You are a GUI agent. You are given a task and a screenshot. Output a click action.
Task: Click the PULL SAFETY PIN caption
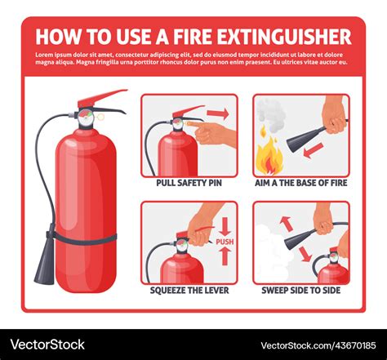click(x=189, y=183)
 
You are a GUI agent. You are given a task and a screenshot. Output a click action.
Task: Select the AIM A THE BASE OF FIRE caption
click(x=301, y=183)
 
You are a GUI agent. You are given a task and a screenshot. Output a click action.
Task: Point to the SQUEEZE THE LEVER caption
click(x=189, y=291)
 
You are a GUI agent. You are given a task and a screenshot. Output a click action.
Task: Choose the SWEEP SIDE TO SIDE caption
click(x=301, y=291)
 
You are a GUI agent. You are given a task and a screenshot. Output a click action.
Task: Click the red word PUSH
click(x=225, y=242)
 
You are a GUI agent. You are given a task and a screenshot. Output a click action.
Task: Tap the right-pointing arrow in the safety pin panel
click(x=218, y=113)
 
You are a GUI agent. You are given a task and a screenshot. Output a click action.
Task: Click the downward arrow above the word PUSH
click(x=225, y=226)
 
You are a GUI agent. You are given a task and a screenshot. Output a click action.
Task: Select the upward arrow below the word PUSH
click(x=225, y=256)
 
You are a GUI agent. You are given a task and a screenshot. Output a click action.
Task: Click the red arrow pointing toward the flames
click(x=314, y=151)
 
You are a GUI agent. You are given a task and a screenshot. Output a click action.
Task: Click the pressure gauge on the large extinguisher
click(x=86, y=118)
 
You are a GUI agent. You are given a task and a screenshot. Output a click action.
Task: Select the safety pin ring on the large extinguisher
click(x=100, y=117)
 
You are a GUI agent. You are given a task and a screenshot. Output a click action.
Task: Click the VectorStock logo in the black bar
click(x=47, y=344)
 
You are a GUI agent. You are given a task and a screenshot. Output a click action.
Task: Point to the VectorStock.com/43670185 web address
click(x=318, y=345)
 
